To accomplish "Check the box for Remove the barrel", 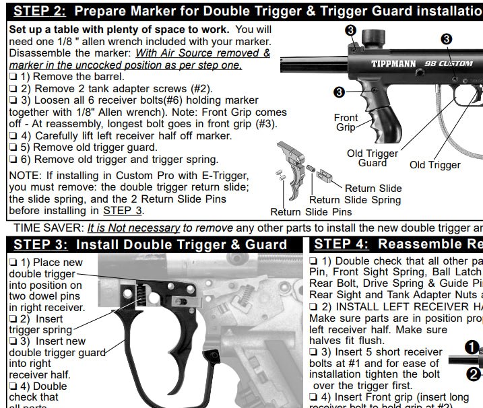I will (x=13, y=77).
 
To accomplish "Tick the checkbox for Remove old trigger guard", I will (x=13, y=147).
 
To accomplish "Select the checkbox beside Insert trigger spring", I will (x=13, y=317).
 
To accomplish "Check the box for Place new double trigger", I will (x=13, y=261).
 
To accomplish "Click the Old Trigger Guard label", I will (x=373, y=158).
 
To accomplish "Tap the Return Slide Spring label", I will (x=355, y=199).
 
